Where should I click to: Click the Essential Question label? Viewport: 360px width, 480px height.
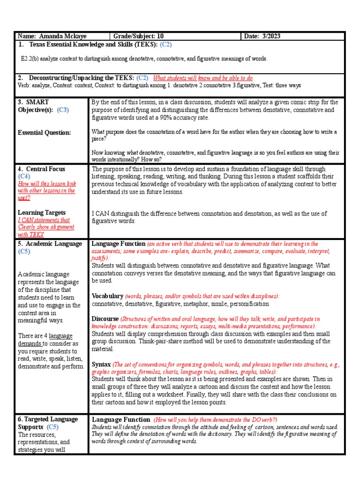[x=44, y=133]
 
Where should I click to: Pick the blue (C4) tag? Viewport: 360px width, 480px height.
[x=24, y=176]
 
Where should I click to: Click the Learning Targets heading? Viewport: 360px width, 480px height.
[x=41, y=212]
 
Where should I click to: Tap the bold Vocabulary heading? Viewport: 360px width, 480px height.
[x=108, y=296]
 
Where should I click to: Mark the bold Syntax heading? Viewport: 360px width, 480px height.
[x=101, y=364]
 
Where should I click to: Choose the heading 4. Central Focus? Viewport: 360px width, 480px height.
[x=41, y=169]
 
